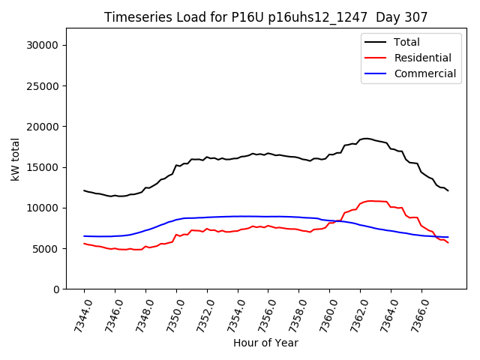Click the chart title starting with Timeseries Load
(x=265, y=17)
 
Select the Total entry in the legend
(x=406, y=42)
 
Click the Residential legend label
(x=422, y=58)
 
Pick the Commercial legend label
(x=424, y=73)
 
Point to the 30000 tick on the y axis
(x=44, y=45)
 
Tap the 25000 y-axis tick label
(x=44, y=85)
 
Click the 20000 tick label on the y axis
(x=44, y=126)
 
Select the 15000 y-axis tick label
(x=44, y=167)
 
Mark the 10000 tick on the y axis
(x=44, y=208)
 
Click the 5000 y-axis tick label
(x=47, y=248)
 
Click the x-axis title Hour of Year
(x=265, y=343)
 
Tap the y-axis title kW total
(x=15, y=158)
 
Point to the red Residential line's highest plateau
(x=373, y=201)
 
